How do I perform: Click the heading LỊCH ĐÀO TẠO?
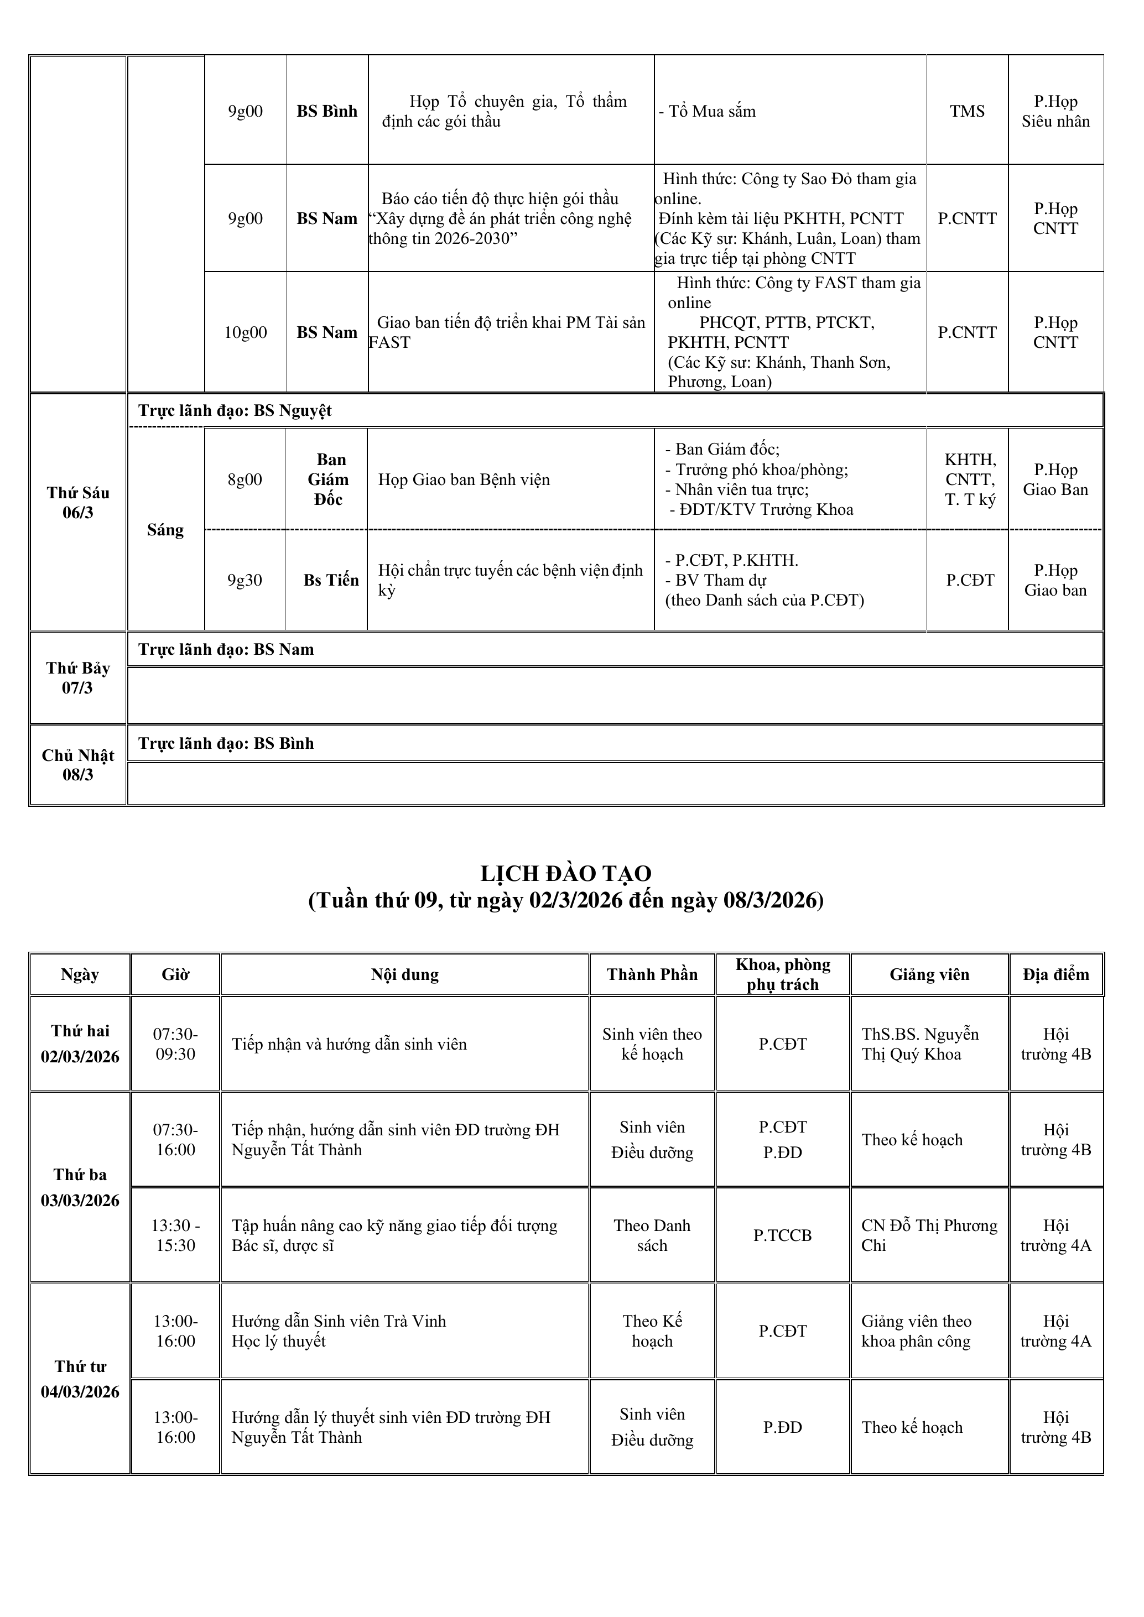(x=566, y=873)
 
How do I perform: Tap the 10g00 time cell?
(x=245, y=332)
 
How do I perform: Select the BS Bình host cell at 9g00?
(x=327, y=111)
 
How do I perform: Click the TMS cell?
(x=966, y=111)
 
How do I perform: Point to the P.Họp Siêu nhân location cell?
(x=1055, y=111)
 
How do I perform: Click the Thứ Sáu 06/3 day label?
(x=77, y=503)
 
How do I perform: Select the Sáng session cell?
(x=165, y=530)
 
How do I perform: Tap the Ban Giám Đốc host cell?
(x=327, y=479)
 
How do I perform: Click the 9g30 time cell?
(x=245, y=580)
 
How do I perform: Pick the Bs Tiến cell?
(x=330, y=580)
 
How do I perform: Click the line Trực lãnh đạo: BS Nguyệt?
(x=235, y=410)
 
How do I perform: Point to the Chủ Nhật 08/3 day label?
(x=77, y=765)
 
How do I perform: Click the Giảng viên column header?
(x=929, y=975)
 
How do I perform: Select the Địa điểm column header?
(x=1055, y=975)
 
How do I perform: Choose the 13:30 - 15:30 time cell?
(x=175, y=1235)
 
